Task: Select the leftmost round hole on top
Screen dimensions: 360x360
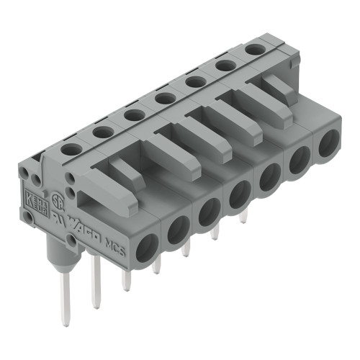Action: coord(71,149)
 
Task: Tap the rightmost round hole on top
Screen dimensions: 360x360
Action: coord(253,49)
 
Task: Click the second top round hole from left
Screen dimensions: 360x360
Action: coord(102,132)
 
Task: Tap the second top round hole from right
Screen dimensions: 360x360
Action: coord(225,65)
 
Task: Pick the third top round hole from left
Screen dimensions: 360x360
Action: coord(133,114)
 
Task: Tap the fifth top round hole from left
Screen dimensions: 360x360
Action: coord(195,81)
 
